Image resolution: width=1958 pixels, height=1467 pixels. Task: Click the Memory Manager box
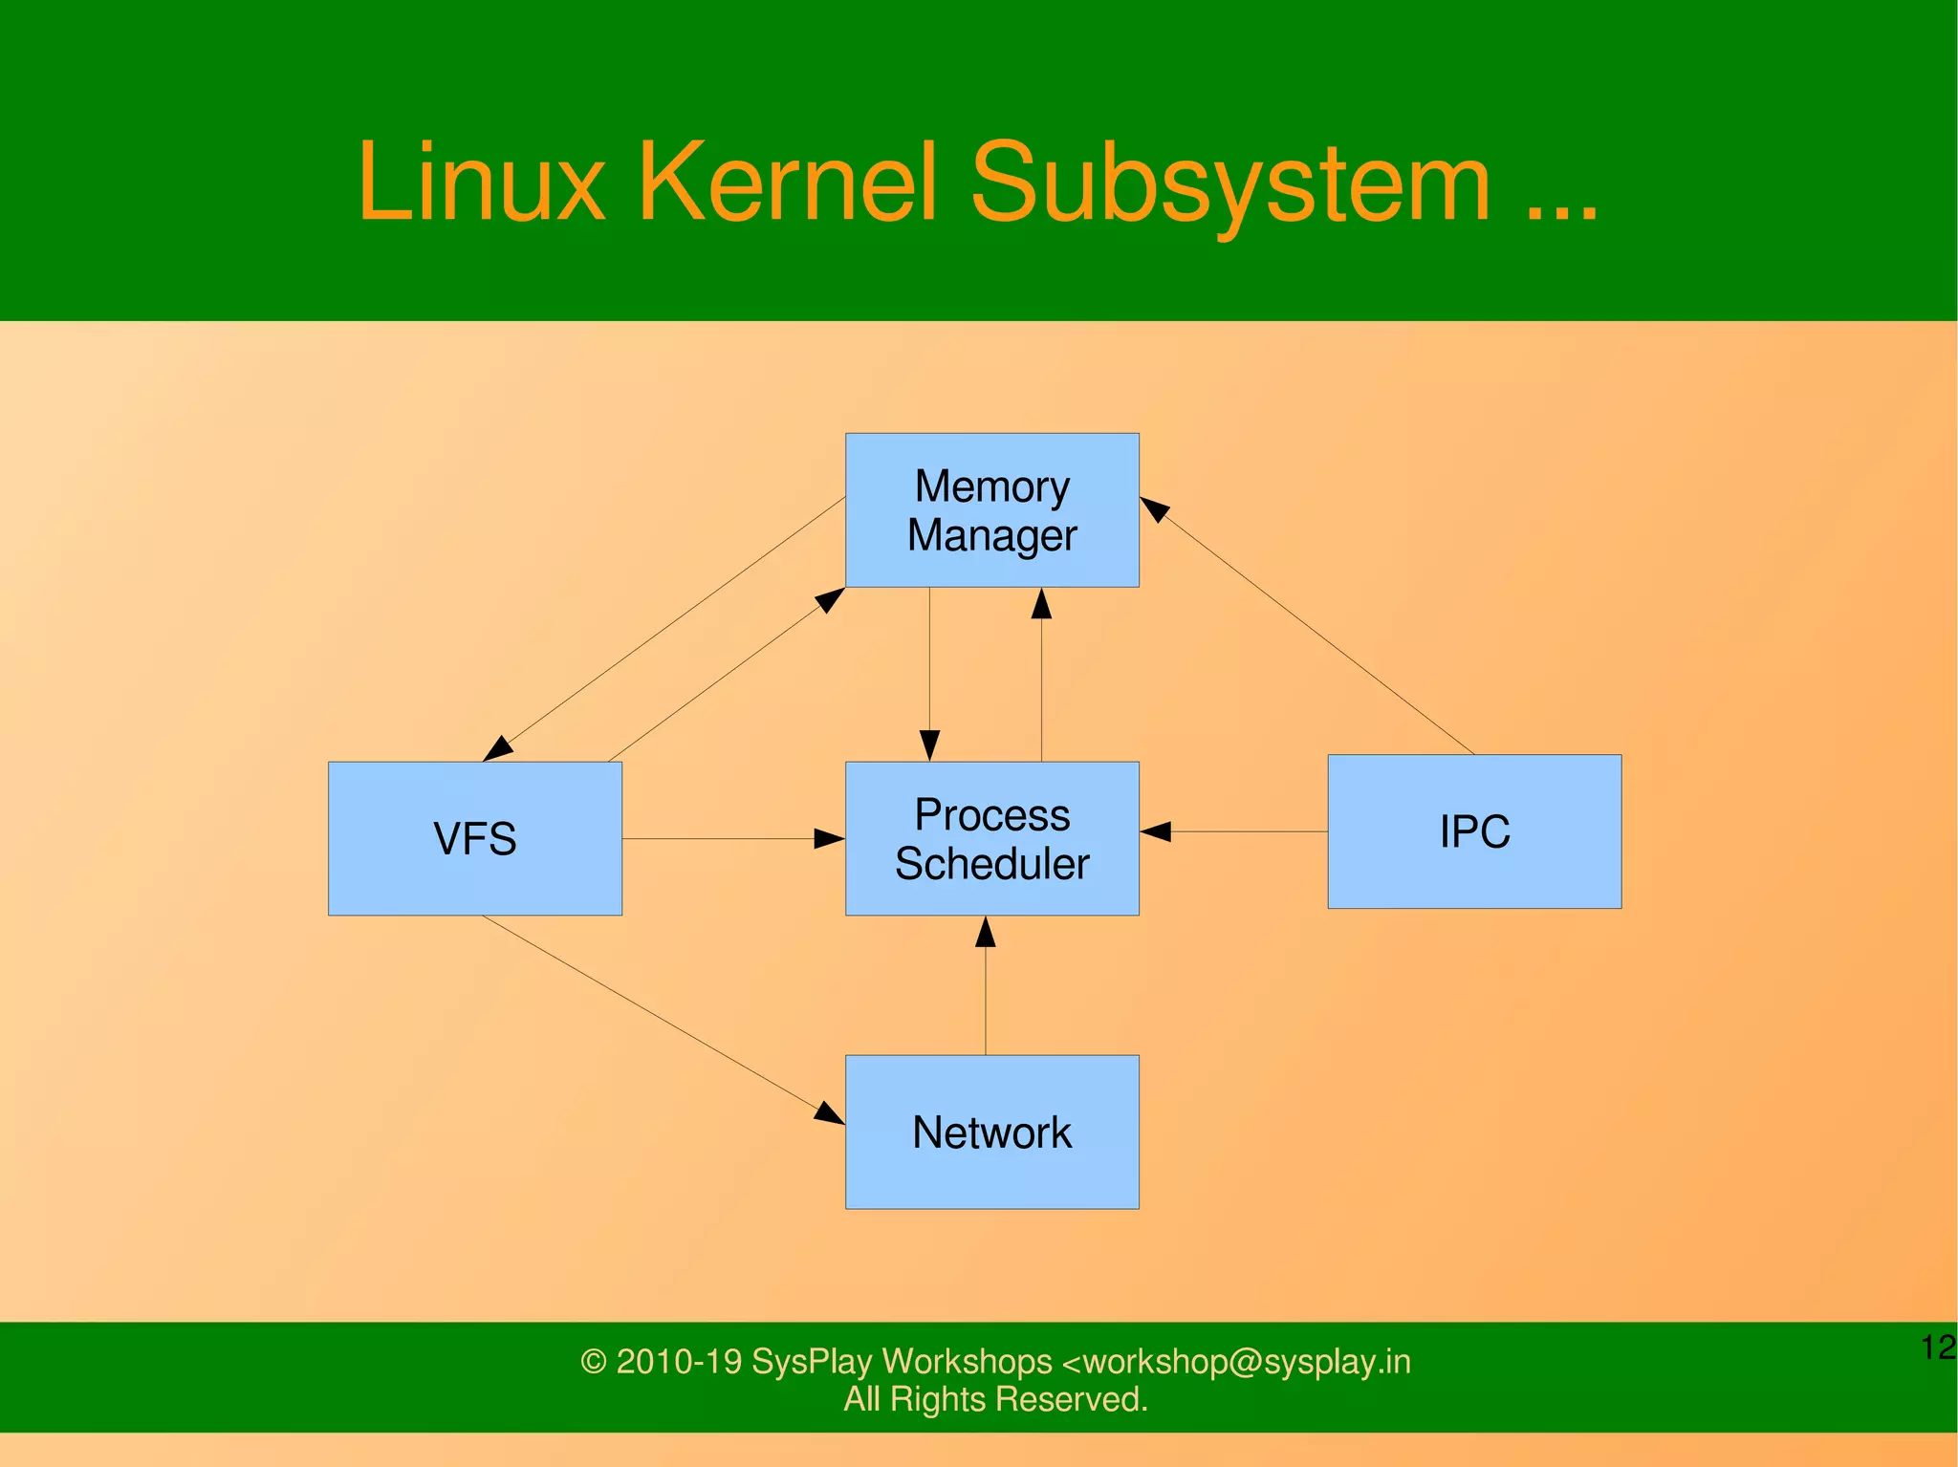pos(991,509)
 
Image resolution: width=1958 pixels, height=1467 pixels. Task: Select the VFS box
pos(474,838)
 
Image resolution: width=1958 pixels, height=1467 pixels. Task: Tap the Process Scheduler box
pos(991,838)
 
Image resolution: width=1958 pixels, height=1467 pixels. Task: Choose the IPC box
pos(1473,831)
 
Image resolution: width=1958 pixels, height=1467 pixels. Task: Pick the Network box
pos(991,1132)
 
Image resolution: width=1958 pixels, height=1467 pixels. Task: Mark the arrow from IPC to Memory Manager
pos(1310,627)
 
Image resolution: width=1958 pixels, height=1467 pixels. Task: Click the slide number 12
pos(1937,1347)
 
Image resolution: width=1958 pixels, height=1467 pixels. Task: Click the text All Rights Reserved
pos(994,1399)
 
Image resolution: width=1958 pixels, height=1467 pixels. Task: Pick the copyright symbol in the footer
pos(593,1362)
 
